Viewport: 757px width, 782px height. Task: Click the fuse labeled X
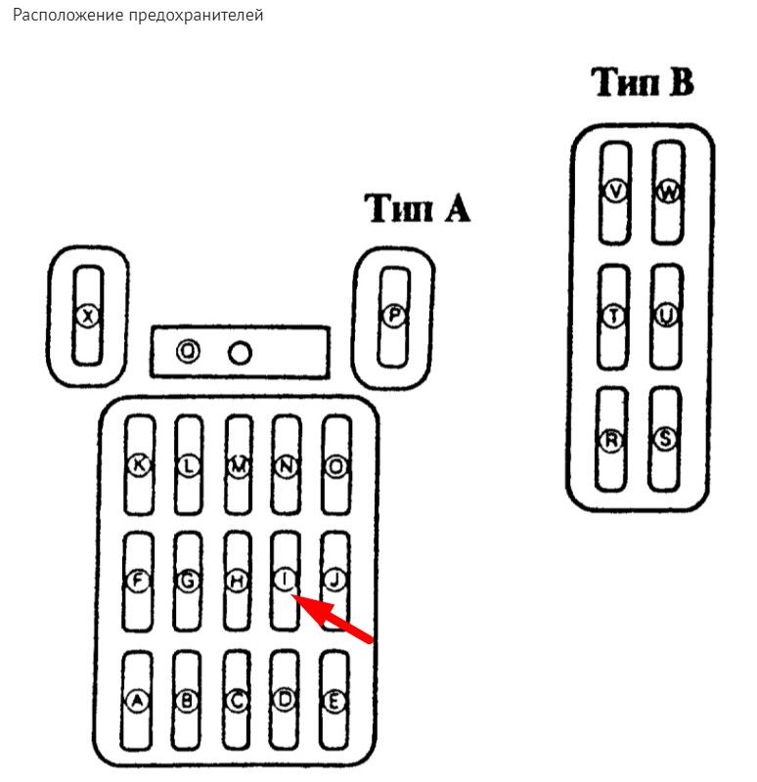click(89, 316)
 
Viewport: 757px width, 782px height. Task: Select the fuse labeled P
click(393, 315)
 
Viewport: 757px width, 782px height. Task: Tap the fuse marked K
click(139, 467)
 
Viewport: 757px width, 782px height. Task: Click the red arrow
click(336, 622)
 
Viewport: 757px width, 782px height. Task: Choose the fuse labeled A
click(138, 700)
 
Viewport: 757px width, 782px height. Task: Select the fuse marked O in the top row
click(335, 467)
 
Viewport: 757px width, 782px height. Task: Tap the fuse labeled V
click(615, 192)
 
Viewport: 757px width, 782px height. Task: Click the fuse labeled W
click(668, 192)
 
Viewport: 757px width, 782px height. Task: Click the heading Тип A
click(417, 207)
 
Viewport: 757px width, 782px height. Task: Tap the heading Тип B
click(644, 83)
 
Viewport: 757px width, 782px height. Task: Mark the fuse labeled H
click(236, 580)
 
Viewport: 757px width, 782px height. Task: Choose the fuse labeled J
click(335, 580)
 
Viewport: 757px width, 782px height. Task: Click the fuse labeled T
click(614, 317)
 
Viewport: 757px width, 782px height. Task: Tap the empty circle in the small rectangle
click(239, 352)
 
